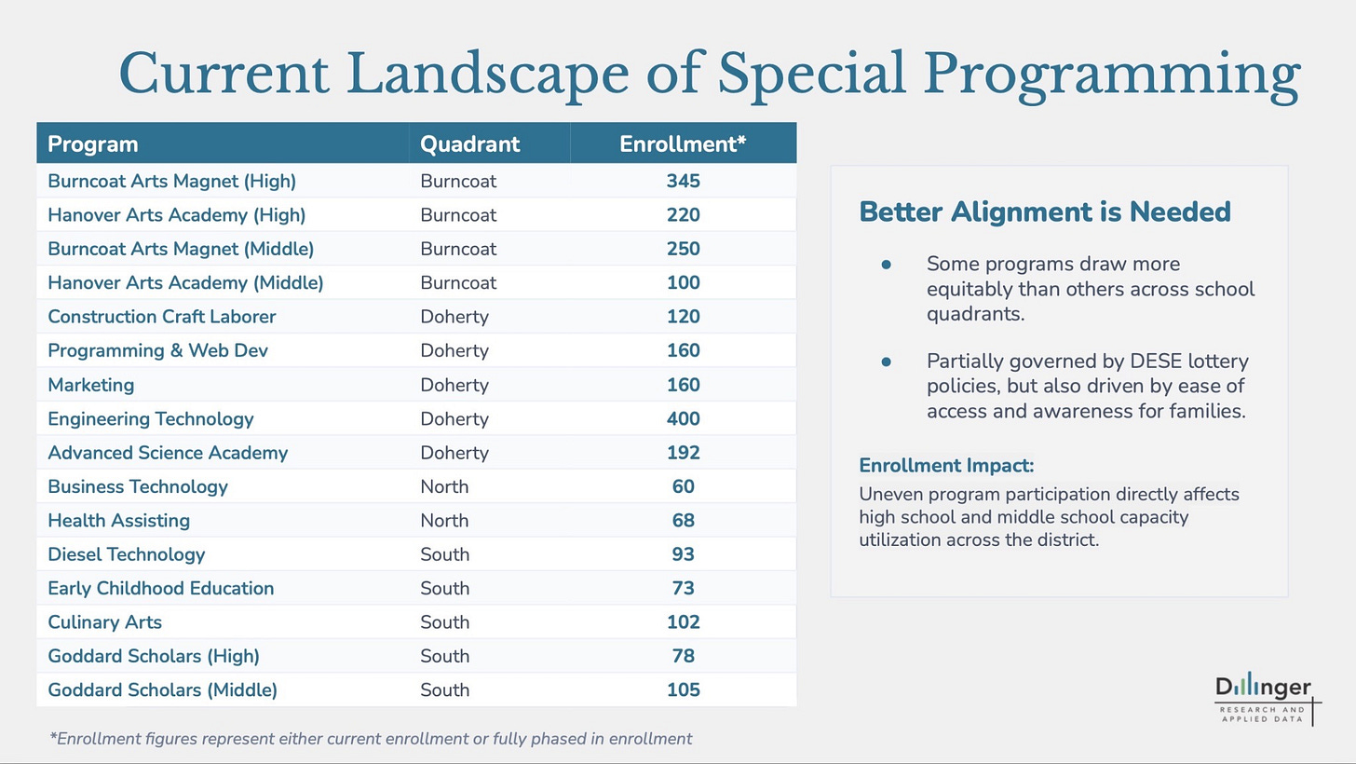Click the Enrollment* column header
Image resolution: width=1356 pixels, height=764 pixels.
click(683, 144)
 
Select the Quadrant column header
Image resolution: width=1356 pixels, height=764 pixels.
click(469, 144)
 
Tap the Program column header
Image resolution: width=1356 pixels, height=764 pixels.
click(92, 144)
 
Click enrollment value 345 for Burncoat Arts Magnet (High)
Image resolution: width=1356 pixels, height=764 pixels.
click(683, 181)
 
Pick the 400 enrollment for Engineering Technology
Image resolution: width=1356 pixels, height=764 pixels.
click(683, 419)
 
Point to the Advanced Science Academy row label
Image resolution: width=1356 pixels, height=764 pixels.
click(168, 453)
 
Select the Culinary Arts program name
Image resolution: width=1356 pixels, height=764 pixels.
click(104, 622)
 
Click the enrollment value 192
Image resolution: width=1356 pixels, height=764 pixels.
click(683, 453)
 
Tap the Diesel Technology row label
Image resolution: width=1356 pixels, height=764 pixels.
click(127, 554)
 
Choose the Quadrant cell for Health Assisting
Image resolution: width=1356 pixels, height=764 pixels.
click(444, 521)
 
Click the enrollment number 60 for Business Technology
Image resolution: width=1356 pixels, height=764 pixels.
click(683, 486)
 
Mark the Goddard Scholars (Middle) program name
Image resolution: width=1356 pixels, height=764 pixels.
click(162, 690)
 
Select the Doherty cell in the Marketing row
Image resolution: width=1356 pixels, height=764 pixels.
click(454, 385)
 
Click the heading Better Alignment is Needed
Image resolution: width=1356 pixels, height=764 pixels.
click(1045, 212)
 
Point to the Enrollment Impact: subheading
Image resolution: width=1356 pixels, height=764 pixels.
click(946, 466)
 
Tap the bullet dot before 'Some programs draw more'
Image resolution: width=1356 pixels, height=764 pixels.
click(887, 264)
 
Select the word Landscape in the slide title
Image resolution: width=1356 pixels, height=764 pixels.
click(488, 75)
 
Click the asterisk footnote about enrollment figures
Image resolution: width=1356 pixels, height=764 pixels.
click(371, 739)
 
